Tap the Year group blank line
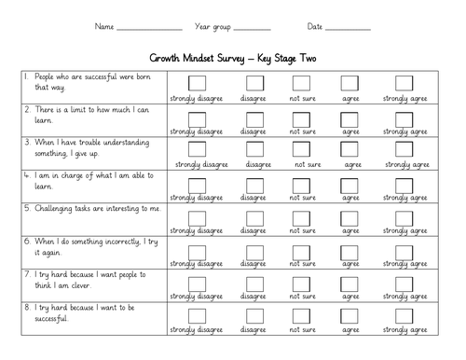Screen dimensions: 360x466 tap(254, 29)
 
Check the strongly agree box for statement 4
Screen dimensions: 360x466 tap(404, 185)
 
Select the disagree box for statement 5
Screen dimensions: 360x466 tap(254, 218)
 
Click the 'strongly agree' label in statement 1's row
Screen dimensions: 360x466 tap(404, 97)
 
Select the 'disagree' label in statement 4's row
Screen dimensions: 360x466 tap(254, 198)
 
